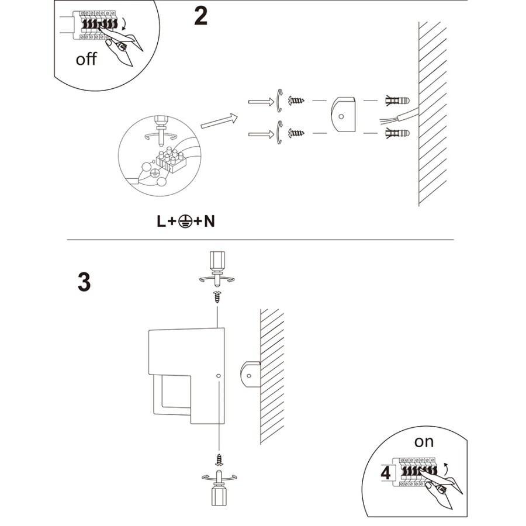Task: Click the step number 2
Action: coord(200,16)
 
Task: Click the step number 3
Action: coord(84,282)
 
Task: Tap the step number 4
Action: coord(386,473)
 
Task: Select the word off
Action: coord(86,59)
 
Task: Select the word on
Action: coord(424,442)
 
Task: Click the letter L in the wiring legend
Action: coord(161,221)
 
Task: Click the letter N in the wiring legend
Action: coord(209,221)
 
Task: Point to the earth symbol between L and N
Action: coord(185,222)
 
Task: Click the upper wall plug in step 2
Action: coord(397,101)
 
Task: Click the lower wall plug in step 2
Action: coord(397,133)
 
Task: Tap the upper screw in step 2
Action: coord(296,100)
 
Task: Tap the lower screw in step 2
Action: coord(296,133)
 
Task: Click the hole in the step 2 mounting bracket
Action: coord(341,117)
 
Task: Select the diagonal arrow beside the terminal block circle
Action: coord(219,121)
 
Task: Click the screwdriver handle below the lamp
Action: coord(219,496)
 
